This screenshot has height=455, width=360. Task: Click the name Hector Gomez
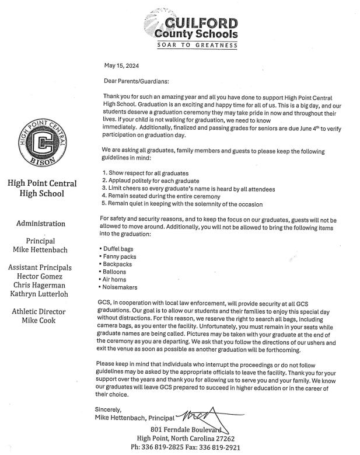tap(40, 276)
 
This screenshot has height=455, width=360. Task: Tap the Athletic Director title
tap(40, 311)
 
